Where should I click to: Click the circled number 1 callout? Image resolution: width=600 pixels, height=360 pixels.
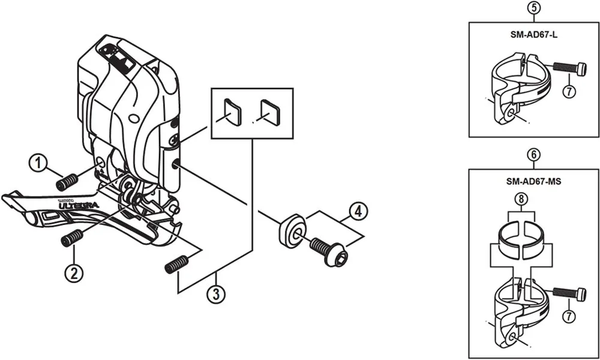point(39,163)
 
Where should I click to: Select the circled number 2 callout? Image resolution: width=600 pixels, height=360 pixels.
point(73,274)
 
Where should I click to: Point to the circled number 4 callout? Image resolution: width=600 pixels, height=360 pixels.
point(358,211)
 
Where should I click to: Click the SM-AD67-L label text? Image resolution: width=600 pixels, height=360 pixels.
point(534,35)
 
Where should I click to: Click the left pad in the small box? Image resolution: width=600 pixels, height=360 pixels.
point(230,112)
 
